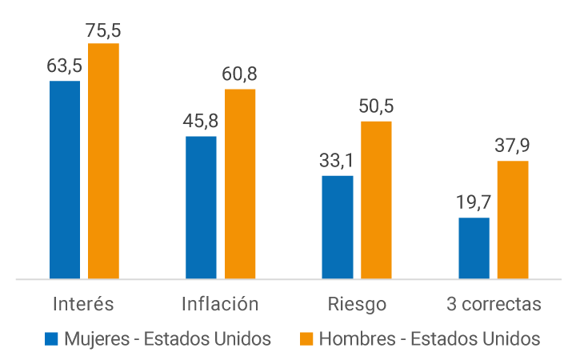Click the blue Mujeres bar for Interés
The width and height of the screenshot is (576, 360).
(65, 180)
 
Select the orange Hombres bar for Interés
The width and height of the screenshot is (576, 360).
(103, 161)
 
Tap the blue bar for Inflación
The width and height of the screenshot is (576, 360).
(201, 208)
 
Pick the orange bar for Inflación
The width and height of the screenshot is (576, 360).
(240, 184)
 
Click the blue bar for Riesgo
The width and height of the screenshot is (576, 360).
(338, 227)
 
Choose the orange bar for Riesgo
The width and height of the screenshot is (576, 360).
(376, 200)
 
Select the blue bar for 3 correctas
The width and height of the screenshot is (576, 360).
(474, 248)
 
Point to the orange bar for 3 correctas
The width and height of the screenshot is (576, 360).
(513, 220)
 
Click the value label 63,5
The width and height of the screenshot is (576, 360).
(65, 66)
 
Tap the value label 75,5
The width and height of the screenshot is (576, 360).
(103, 30)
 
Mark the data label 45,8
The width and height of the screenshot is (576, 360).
(201, 122)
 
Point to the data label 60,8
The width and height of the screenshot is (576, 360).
(240, 74)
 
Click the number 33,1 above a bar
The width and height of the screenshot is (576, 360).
(337, 160)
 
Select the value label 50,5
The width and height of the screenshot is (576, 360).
(376, 106)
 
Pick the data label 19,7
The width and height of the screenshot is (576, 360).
(474, 202)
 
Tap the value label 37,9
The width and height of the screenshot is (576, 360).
(513, 146)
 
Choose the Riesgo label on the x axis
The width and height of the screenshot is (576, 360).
(357, 304)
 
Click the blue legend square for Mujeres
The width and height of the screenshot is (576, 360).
(52, 338)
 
